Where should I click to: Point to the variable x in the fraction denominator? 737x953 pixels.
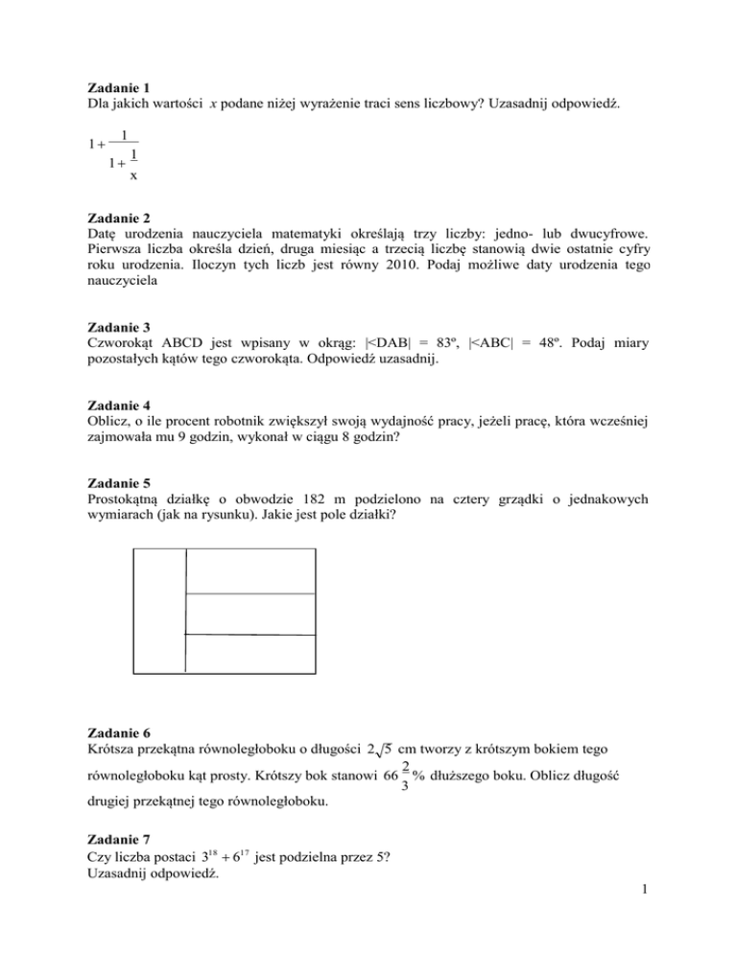coord(133,175)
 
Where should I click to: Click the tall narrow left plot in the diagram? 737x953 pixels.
coord(158,610)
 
